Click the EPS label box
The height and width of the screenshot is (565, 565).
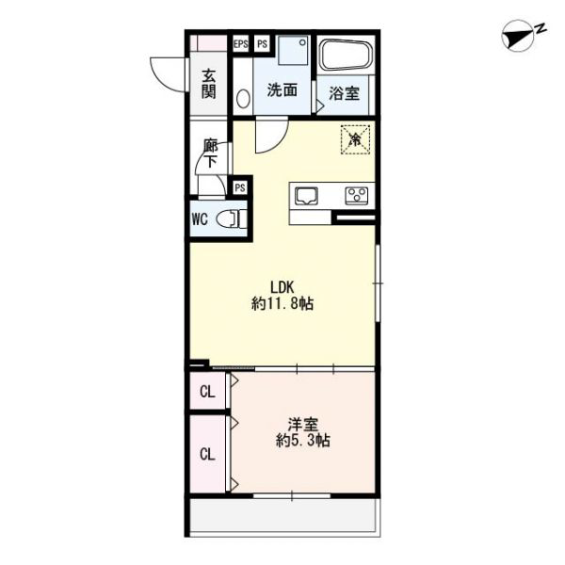point(241,44)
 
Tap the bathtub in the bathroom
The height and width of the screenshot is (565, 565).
point(346,55)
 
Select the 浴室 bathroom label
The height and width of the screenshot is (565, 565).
point(344,93)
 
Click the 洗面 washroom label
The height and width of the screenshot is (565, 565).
point(282,90)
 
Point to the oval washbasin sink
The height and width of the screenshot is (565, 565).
point(244,98)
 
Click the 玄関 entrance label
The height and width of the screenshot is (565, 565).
point(209,85)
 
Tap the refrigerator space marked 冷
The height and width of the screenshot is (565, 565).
point(356,139)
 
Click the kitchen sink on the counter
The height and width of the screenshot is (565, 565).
point(306,197)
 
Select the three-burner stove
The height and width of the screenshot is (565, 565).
point(356,197)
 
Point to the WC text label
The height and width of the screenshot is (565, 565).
point(200,218)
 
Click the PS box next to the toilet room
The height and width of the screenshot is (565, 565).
point(240,187)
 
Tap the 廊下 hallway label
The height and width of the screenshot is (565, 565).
point(211,153)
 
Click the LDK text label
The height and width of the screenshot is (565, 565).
point(282,287)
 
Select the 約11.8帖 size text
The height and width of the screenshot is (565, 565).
point(282,304)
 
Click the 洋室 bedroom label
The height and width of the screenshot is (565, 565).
point(303,425)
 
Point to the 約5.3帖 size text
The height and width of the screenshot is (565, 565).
point(303,441)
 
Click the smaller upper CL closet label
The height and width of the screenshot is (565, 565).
point(207,392)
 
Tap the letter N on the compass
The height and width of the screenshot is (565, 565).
point(541,29)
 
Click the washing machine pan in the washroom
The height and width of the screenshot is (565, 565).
point(294,50)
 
